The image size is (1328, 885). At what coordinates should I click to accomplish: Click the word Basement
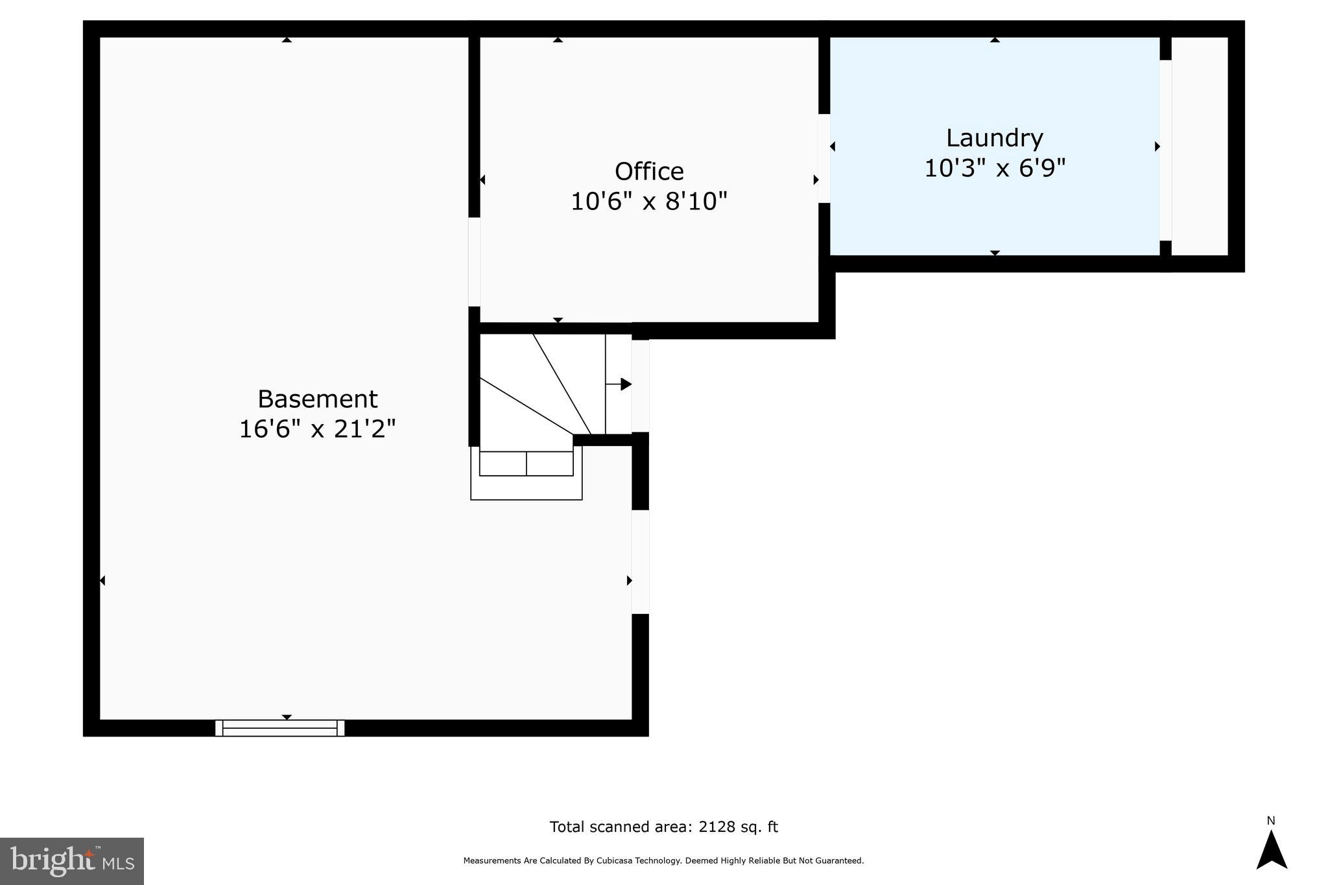(317, 399)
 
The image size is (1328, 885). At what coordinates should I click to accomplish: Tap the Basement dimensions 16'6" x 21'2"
(317, 429)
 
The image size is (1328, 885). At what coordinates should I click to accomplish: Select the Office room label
(649, 172)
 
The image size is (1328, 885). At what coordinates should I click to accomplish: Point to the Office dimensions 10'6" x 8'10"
(649, 202)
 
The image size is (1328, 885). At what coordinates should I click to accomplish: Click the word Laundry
(994, 138)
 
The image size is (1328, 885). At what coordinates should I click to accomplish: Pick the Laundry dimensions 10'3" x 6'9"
(994, 169)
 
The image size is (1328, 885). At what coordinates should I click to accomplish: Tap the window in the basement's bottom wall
(279, 728)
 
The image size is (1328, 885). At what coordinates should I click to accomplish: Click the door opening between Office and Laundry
(824, 158)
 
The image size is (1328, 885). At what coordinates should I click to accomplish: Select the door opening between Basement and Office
(474, 261)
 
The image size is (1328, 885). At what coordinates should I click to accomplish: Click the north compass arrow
(1271, 851)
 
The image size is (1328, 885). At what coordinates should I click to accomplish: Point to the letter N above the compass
(1271, 821)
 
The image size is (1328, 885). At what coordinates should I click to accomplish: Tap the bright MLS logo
(71, 861)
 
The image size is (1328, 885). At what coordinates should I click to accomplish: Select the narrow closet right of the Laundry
(1200, 146)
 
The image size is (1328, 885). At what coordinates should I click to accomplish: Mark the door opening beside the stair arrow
(640, 386)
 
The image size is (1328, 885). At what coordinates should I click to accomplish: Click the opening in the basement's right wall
(640, 561)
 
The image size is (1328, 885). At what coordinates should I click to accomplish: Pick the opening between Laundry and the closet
(1165, 150)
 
